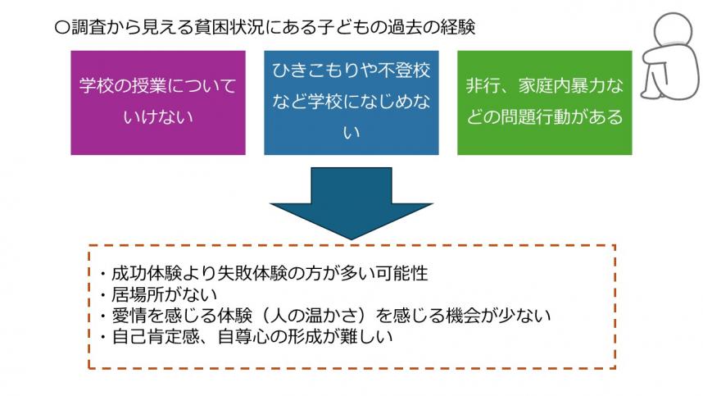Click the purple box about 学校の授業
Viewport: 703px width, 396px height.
[x=158, y=102]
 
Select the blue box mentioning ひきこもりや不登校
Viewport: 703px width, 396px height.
[x=351, y=102]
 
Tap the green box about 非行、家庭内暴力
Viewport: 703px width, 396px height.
[x=544, y=102]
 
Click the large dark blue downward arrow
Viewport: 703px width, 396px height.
[x=351, y=201]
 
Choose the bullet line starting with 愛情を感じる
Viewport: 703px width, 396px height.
[x=324, y=314]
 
